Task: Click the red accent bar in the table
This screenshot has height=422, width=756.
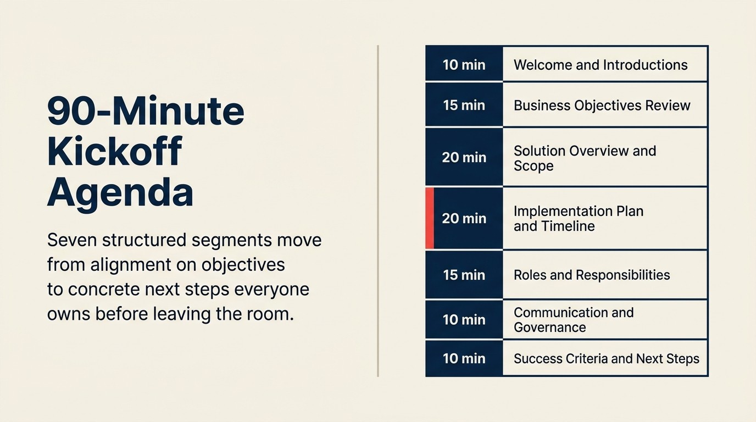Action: click(430, 218)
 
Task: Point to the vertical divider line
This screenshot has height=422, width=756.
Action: click(378, 211)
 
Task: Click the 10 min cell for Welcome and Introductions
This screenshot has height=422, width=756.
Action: click(464, 65)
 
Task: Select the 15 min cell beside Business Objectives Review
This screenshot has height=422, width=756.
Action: click(464, 105)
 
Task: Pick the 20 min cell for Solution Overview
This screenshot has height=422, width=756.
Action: click(464, 157)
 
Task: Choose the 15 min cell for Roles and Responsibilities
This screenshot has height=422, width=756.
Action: click(464, 275)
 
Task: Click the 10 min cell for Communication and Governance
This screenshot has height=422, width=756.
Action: click(464, 320)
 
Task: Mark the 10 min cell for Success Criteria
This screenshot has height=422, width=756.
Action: click(464, 358)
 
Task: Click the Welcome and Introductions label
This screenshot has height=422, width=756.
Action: click(600, 65)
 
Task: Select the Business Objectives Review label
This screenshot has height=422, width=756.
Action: click(602, 105)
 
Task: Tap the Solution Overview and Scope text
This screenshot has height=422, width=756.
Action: click(585, 158)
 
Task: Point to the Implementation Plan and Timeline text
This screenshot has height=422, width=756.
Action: click(578, 218)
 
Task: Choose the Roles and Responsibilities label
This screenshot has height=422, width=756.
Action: click(592, 275)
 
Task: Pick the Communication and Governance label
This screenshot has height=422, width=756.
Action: click(573, 320)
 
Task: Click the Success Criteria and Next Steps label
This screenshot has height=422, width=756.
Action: click(606, 358)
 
